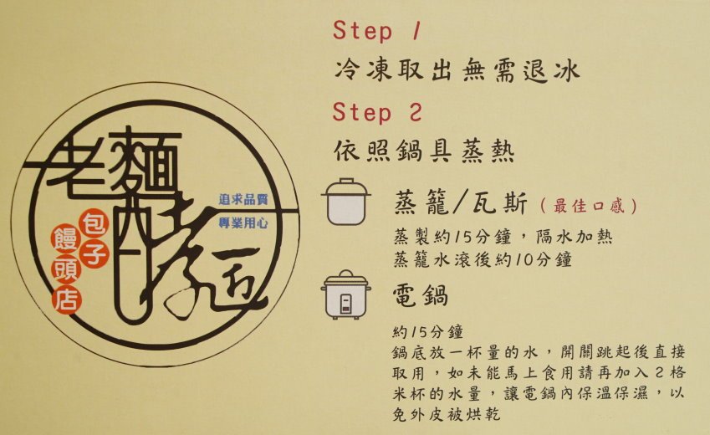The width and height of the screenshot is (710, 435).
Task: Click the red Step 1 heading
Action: click(x=377, y=31)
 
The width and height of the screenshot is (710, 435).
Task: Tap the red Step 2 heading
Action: click(x=377, y=112)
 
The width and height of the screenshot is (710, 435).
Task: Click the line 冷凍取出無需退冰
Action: click(x=457, y=71)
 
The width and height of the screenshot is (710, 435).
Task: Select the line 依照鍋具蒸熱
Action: click(x=424, y=151)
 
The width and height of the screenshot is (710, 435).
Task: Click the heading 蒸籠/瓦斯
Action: click(x=461, y=202)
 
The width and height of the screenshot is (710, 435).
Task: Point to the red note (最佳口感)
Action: click(x=589, y=206)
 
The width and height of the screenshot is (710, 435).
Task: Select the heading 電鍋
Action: click(x=421, y=295)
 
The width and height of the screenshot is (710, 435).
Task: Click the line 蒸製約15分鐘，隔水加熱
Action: click(x=503, y=237)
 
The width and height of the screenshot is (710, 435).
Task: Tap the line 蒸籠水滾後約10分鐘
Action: click(x=483, y=259)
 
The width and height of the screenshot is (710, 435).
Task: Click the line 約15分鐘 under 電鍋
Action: click(x=428, y=332)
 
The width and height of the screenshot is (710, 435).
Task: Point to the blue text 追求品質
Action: click(x=243, y=199)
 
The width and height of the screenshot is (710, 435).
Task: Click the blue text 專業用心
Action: click(x=243, y=223)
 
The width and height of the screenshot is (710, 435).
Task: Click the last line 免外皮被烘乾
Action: click(x=447, y=415)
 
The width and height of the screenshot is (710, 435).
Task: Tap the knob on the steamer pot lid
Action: click(x=346, y=181)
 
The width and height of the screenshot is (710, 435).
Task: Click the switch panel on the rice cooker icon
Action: click(x=346, y=303)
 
